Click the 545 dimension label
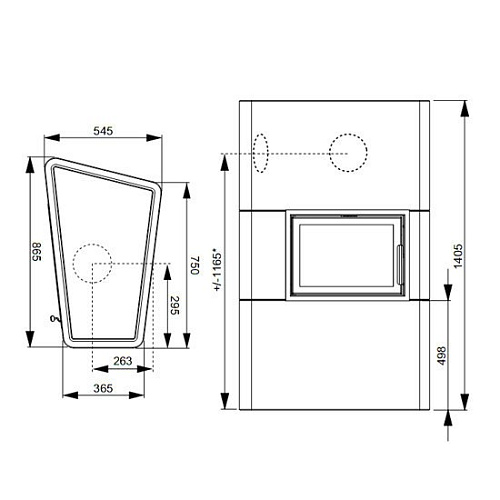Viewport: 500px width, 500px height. point(103,131)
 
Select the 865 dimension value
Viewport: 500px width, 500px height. point(37,252)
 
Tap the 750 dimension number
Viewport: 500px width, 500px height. point(195,265)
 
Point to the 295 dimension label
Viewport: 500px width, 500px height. point(175,305)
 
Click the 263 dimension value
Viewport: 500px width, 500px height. point(123,361)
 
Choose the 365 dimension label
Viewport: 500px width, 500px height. point(103,388)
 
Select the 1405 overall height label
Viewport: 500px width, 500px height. point(458,256)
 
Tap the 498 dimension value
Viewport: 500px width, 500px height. point(441,356)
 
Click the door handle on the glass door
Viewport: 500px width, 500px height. point(400,265)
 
